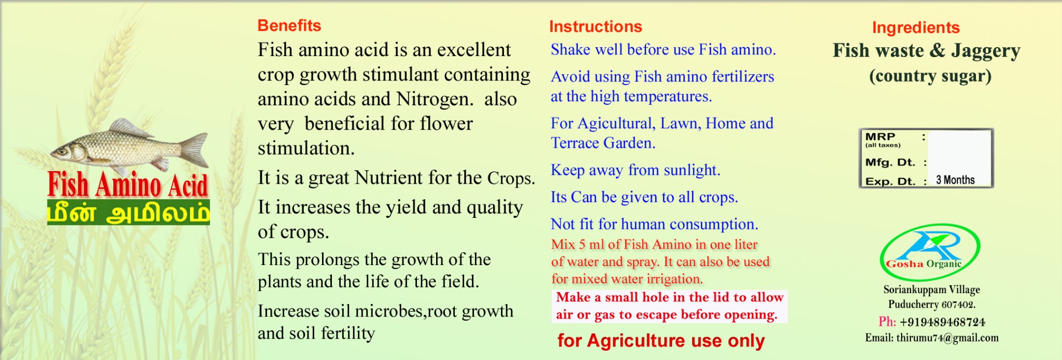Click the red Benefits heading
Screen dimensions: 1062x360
click(289, 25)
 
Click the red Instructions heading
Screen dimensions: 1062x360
click(595, 26)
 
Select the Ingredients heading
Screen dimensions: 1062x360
click(916, 27)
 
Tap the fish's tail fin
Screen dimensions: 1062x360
click(195, 150)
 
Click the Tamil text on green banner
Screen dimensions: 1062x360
click(129, 212)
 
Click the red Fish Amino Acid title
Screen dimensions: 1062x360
click(128, 185)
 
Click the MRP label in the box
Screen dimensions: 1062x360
click(880, 136)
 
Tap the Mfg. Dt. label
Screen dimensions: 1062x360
click(890, 162)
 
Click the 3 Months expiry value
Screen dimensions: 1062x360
click(955, 180)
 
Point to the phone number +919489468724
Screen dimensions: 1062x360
click(942, 322)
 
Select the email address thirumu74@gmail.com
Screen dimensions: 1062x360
click(947, 338)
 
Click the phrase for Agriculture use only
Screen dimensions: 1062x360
click(661, 341)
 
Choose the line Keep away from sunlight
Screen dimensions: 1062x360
click(635, 170)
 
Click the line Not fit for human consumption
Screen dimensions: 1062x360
click(654, 224)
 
